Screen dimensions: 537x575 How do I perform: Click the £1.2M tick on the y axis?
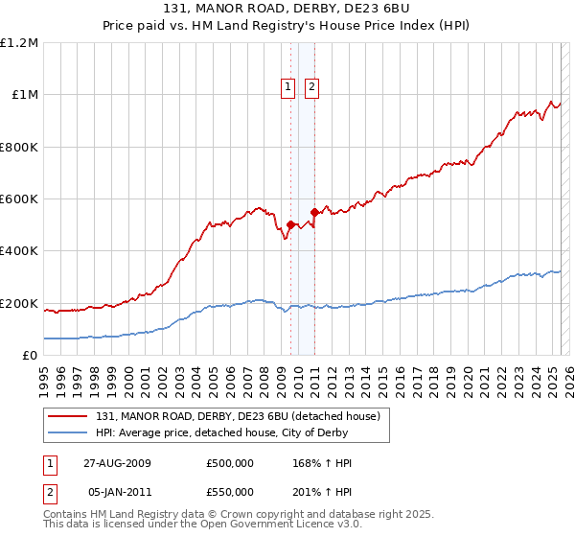pos(19,43)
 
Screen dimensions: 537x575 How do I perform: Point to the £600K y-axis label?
pos(19,199)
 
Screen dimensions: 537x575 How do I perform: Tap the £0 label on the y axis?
pos(30,356)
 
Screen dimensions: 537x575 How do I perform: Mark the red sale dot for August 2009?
pos(290,225)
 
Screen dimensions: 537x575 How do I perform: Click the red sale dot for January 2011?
pos(314,212)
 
